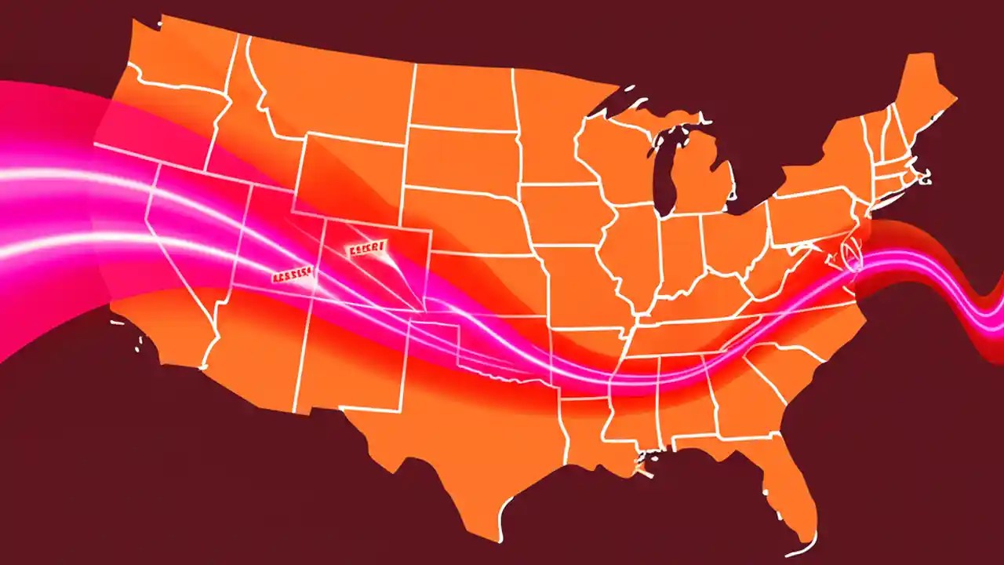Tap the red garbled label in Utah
tap(292, 275)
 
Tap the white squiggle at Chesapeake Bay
tap(849, 255)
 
